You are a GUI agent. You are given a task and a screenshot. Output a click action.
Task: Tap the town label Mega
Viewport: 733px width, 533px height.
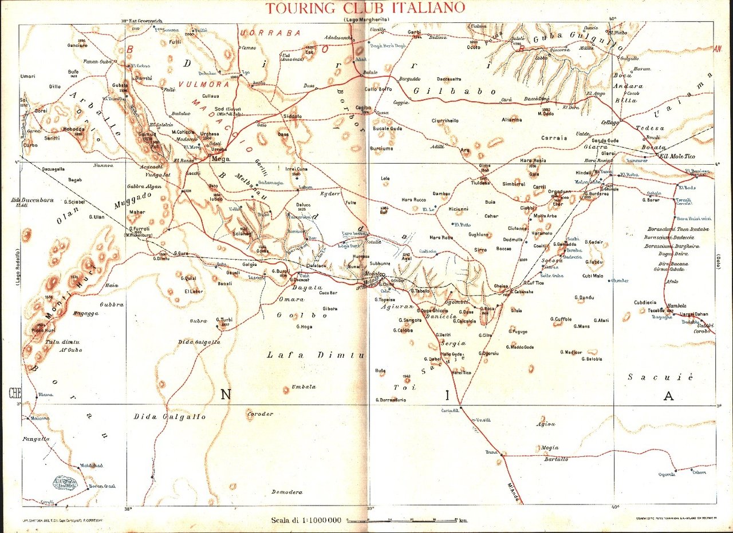[x=220, y=160]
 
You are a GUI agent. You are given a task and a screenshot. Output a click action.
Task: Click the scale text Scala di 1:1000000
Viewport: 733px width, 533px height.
[x=307, y=520]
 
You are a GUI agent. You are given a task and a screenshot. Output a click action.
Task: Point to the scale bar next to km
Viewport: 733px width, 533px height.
[x=401, y=520]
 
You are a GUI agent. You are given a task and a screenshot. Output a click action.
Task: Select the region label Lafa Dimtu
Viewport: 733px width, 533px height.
[x=316, y=356]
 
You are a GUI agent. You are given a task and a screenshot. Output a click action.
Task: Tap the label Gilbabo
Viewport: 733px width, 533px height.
[x=454, y=91]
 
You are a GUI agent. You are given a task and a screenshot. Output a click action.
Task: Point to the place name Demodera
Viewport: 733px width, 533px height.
[x=287, y=492]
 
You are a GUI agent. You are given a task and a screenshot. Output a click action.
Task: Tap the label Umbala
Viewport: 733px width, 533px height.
[x=304, y=387]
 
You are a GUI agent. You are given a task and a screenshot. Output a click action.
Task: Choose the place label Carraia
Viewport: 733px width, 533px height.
[x=553, y=138]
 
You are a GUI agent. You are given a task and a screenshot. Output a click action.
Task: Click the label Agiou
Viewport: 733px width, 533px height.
[x=545, y=424]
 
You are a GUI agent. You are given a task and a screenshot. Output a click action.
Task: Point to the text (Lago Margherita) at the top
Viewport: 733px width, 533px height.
[x=366, y=20]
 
